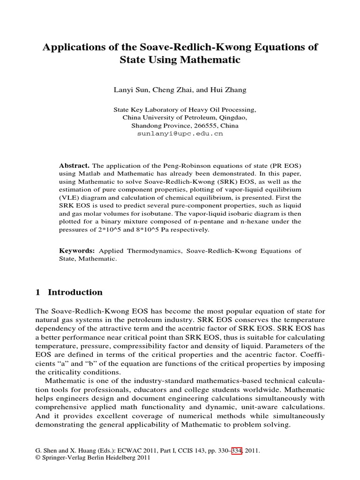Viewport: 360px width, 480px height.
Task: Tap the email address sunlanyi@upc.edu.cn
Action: click(x=180, y=134)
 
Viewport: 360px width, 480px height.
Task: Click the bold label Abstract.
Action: click(x=74, y=166)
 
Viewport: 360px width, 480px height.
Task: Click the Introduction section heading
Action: click(x=75, y=292)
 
